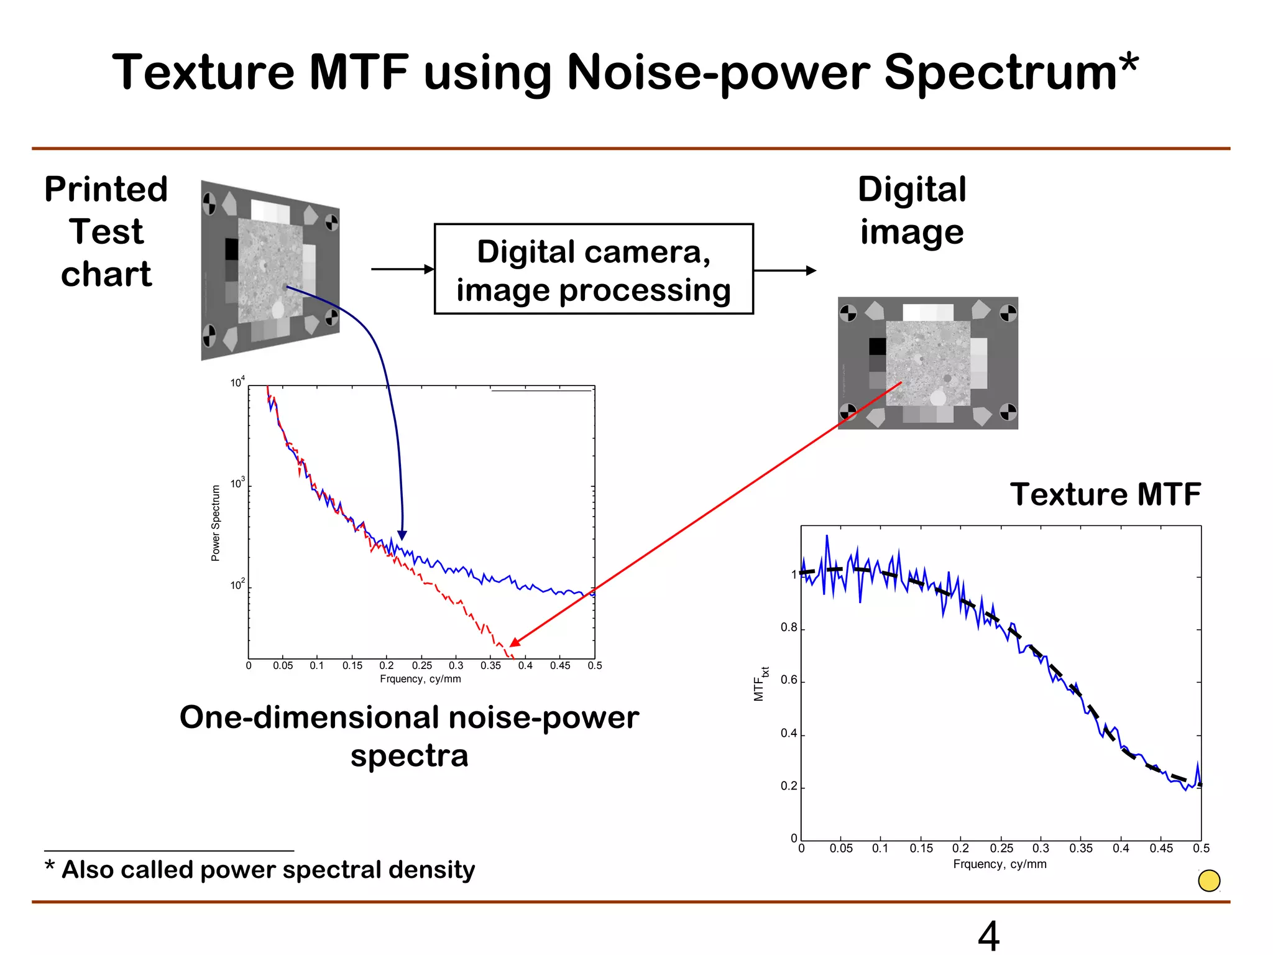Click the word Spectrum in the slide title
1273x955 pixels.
click(x=1010, y=73)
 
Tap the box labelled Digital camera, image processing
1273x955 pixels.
click(x=594, y=269)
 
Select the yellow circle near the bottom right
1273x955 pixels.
click(x=1209, y=880)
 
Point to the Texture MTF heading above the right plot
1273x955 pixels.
click(x=1105, y=495)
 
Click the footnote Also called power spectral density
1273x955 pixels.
click(x=267, y=869)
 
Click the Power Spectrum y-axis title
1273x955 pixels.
click(x=216, y=523)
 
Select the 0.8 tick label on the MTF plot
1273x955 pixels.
click(x=789, y=628)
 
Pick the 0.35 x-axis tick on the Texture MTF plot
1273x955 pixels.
click(x=1081, y=849)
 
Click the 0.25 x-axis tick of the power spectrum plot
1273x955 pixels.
click(x=421, y=666)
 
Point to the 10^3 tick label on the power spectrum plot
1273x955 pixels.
click(x=237, y=484)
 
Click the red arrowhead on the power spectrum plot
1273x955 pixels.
click(x=514, y=642)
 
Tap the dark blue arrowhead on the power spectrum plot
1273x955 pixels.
click(x=402, y=535)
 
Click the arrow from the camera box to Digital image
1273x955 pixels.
click(x=784, y=270)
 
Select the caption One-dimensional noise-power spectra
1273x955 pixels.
click(x=409, y=736)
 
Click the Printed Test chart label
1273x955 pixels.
click(x=106, y=231)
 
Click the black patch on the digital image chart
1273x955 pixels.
click(x=878, y=346)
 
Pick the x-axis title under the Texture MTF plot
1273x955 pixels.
click(x=1000, y=864)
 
